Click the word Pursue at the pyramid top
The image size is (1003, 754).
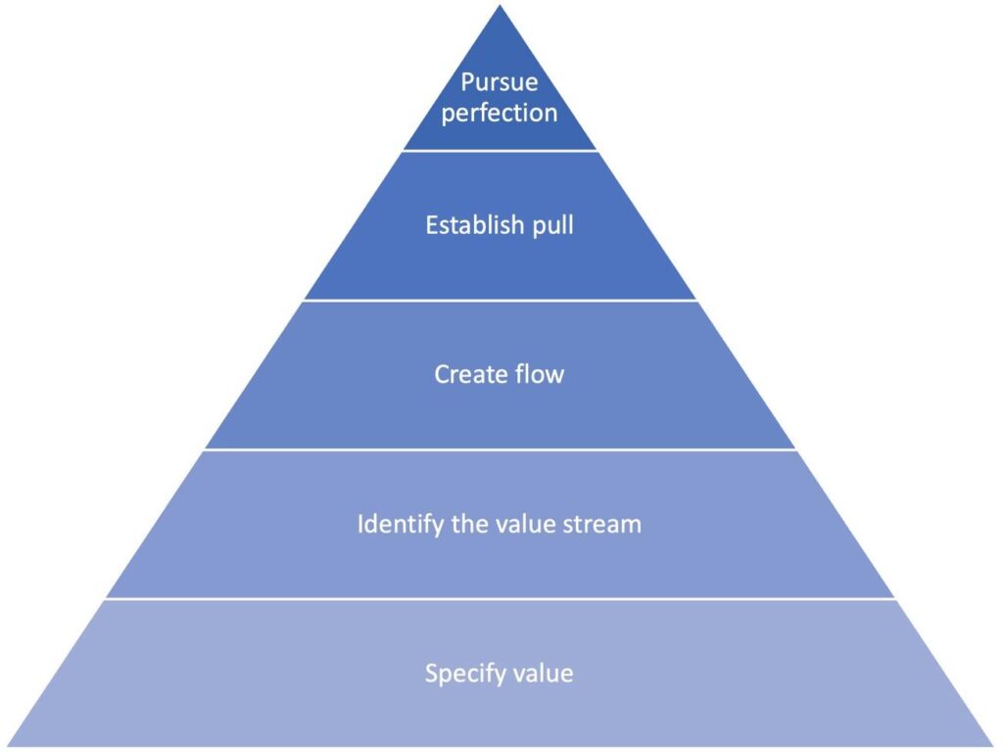[x=500, y=81]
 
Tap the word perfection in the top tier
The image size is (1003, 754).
[x=500, y=113]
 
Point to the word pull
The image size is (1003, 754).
[x=551, y=226]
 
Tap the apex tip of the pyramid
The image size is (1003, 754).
[x=501, y=7]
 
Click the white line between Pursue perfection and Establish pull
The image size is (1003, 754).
[x=500, y=151]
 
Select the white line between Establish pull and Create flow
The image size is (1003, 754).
[x=500, y=301]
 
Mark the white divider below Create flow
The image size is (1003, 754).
[x=500, y=449]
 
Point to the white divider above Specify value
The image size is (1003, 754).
[x=500, y=599]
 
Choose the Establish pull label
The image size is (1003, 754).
[x=500, y=225]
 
